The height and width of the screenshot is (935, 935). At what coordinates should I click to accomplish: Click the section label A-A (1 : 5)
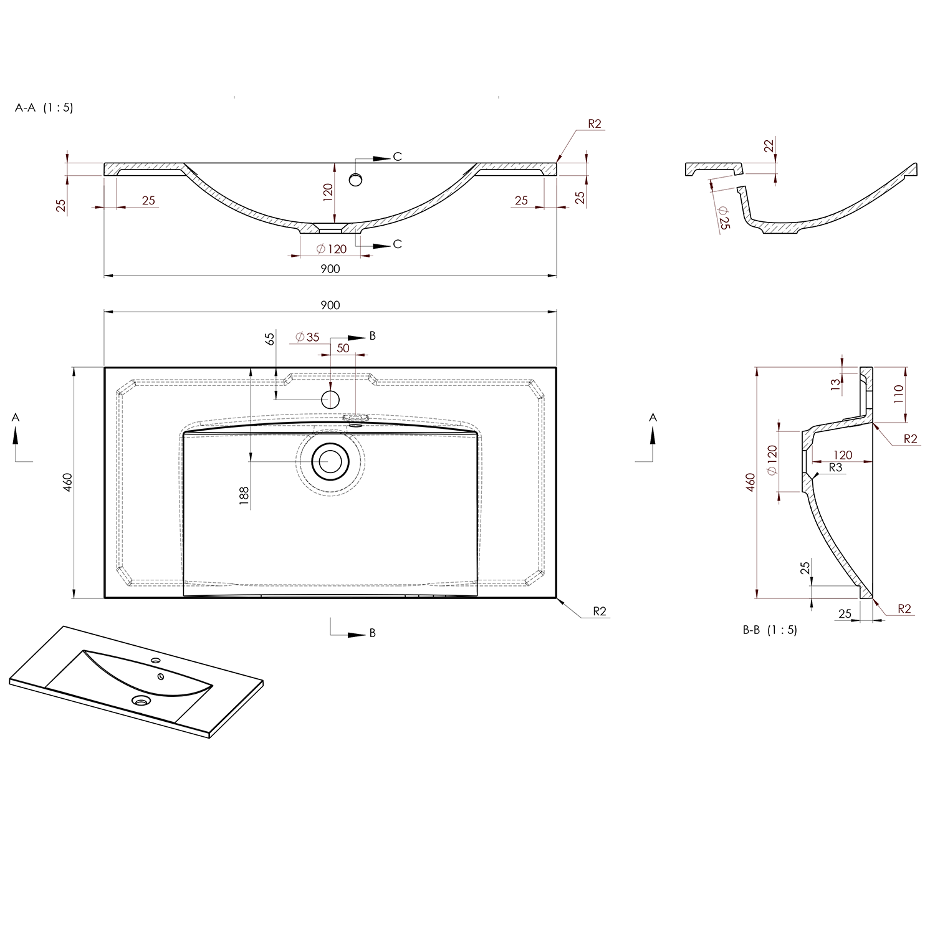coord(44,107)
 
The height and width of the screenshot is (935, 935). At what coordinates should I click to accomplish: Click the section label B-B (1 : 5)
coord(769,630)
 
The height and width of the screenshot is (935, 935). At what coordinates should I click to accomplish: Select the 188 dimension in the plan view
coord(244,495)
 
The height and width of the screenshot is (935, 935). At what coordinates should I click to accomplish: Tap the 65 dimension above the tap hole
coord(269,339)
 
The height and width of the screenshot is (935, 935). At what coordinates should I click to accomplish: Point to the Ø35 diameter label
coord(307,337)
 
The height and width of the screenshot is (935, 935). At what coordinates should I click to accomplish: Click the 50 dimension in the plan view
coord(343,348)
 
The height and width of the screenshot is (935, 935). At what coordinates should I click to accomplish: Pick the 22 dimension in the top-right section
coord(769,145)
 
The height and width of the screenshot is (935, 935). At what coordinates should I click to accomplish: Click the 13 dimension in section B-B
coord(835,385)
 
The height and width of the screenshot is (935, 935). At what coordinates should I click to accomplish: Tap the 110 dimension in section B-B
coord(898,395)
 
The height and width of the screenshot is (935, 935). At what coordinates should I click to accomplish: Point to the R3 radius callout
coord(835,467)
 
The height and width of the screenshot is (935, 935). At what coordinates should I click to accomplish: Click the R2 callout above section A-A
coord(594,124)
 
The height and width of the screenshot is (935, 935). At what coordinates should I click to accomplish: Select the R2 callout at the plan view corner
coord(599,611)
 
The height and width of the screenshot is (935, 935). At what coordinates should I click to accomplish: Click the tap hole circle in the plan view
coord(330,399)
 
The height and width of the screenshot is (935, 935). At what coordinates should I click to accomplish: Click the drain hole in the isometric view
coord(141,700)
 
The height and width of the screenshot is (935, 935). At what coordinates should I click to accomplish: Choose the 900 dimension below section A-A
coord(330,269)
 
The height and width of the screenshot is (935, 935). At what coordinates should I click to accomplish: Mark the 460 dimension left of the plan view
coord(68,482)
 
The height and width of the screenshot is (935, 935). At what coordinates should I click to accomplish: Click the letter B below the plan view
coord(373,633)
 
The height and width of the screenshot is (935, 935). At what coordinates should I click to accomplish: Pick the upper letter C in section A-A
coord(397,156)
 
